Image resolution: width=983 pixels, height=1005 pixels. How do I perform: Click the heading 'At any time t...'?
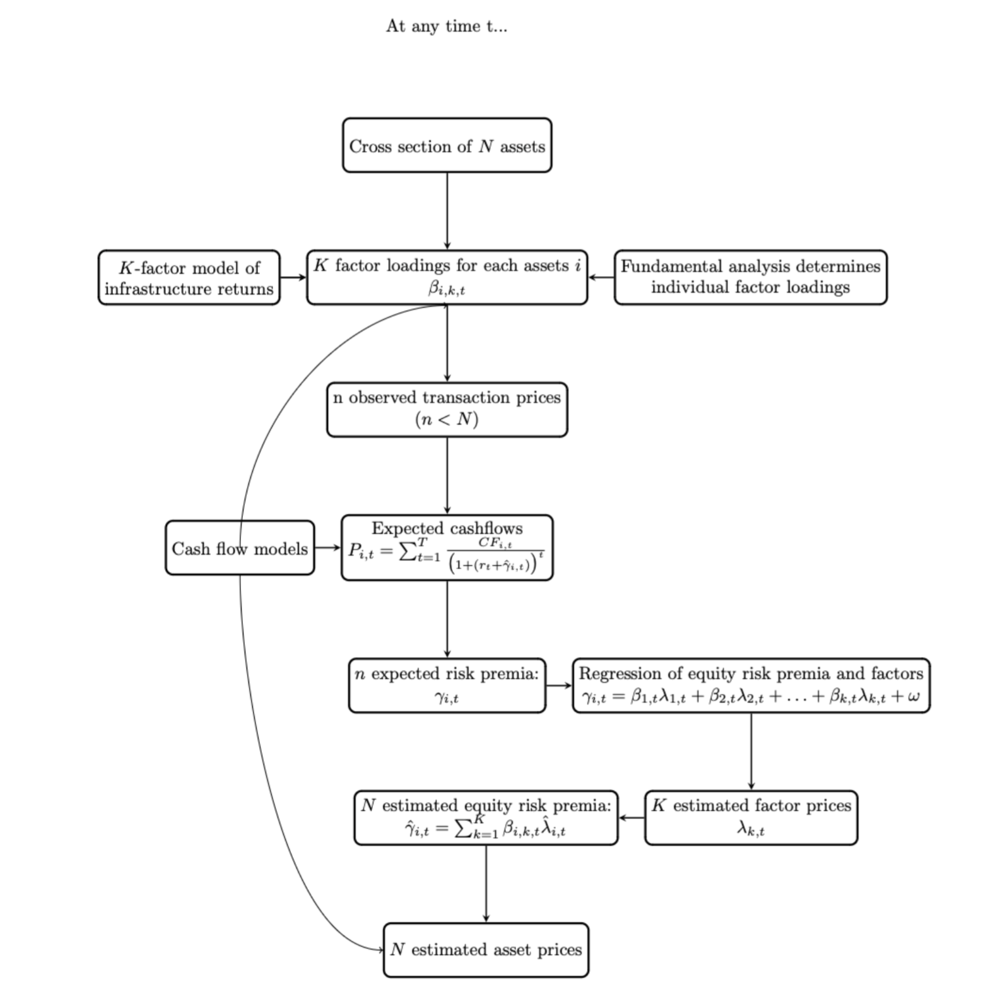[x=446, y=27]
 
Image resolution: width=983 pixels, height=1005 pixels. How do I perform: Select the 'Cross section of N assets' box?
[x=447, y=146]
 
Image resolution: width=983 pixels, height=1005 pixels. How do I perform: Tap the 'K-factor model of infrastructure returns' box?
[x=189, y=278]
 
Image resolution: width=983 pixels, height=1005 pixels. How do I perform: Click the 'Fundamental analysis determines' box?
[x=750, y=266]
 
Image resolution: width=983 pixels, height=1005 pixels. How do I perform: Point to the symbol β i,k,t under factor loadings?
[x=447, y=289]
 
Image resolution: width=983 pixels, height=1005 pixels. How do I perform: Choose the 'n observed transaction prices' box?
[x=447, y=398]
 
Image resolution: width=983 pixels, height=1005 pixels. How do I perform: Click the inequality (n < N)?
[x=447, y=419]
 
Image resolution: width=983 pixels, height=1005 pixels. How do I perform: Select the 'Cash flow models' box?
[x=240, y=548]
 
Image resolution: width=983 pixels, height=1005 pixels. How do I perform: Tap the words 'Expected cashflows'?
[x=447, y=528]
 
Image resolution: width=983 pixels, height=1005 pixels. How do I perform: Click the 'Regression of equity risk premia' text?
[x=750, y=674]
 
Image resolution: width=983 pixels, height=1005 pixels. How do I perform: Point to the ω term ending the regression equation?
[x=913, y=697]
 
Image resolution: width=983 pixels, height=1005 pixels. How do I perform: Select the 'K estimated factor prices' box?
[x=751, y=817]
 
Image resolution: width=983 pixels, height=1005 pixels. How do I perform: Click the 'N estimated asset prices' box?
[x=486, y=949]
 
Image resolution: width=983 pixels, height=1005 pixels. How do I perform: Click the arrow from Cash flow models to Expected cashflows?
[x=327, y=548]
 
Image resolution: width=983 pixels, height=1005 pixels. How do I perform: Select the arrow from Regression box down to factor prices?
[x=751, y=751]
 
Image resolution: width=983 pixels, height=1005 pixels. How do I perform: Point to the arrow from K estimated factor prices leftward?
[x=632, y=818]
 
